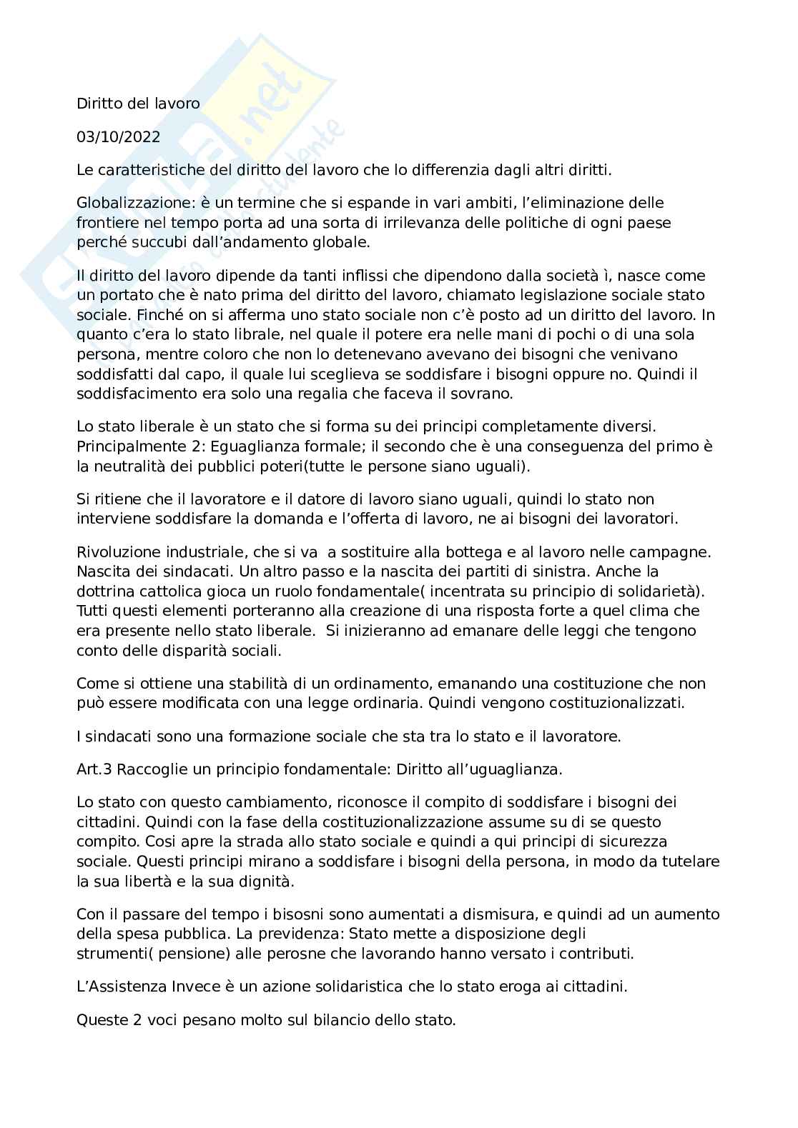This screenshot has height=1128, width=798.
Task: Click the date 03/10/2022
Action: point(118,136)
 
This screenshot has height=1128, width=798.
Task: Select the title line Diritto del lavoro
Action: point(138,104)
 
